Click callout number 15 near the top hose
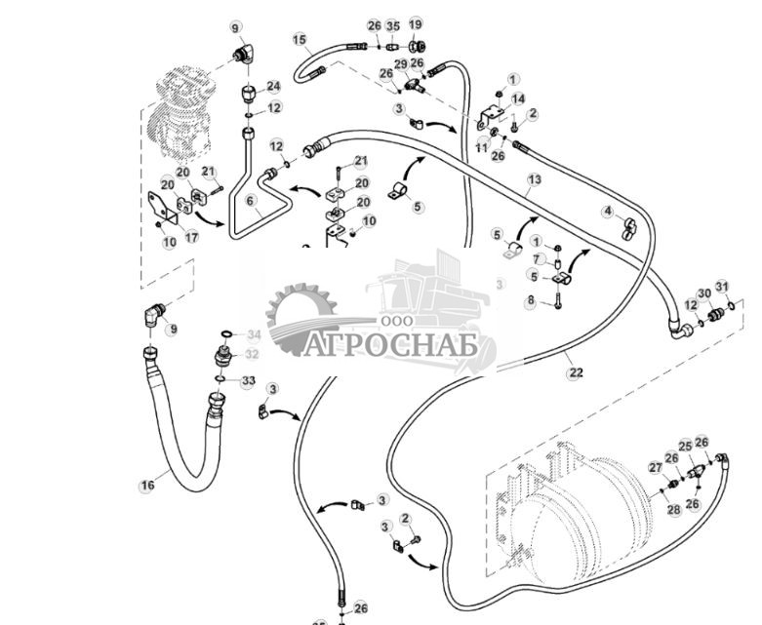[x=301, y=39]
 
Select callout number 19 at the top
[x=416, y=24]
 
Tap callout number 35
[x=393, y=25]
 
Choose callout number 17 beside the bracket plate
[x=192, y=235]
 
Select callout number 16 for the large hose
[x=147, y=485]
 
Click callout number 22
[x=576, y=371]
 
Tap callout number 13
[x=534, y=179]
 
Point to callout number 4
[x=608, y=211]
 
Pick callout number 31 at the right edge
[x=722, y=286]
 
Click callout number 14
[x=518, y=98]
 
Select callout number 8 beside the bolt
[x=531, y=301]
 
